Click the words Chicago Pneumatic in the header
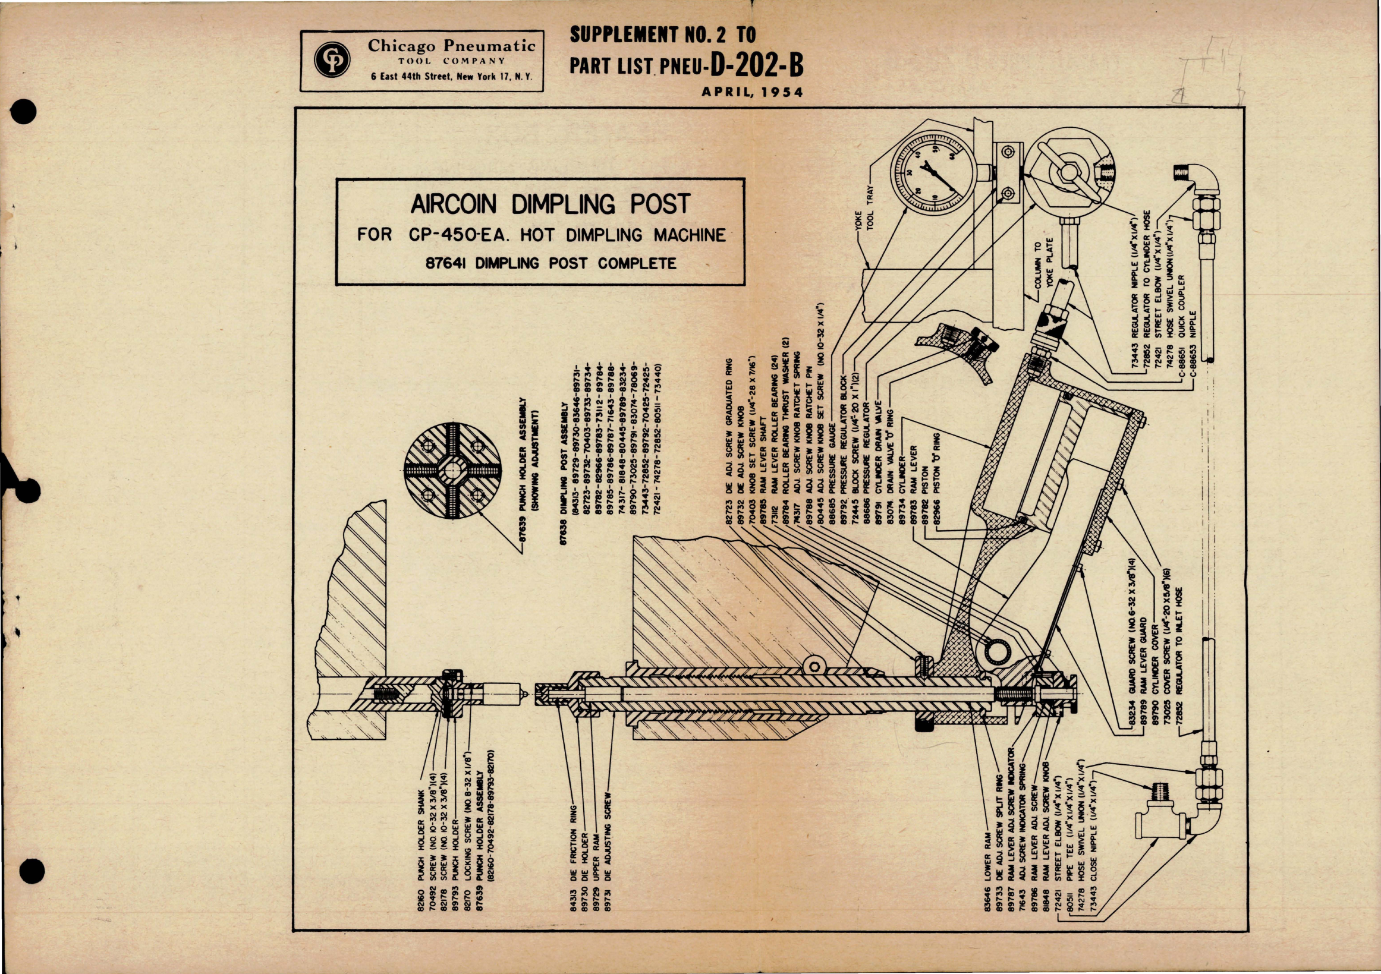[x=451, y=46]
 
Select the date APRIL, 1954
[x=752, y=93]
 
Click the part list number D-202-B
[x=757, y=66]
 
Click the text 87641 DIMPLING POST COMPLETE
[x=551, y=263]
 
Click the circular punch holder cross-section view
[x=452, y=470]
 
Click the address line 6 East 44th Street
[x=451, y=77]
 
